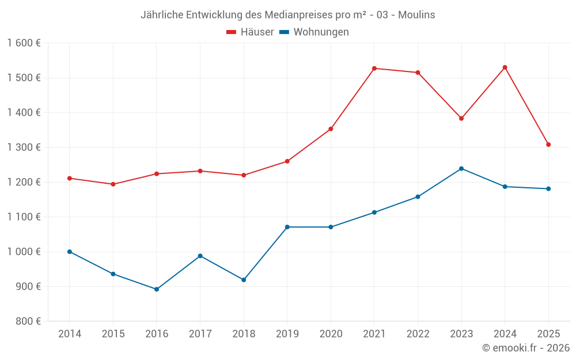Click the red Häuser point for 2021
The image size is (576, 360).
pyautogui.click(x=374, y=69)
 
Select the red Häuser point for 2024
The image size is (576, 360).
pyautogui.click(x=505, y=67)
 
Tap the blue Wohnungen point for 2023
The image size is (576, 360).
pyautogui.click(x=461, y=169)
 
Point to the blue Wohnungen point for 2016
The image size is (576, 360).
pyautogui.click(x=157, y=289)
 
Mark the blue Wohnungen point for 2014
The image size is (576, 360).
pyautogui.click(x=70, y=252)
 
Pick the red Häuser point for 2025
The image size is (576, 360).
pyautogui.click(x=548, y=145)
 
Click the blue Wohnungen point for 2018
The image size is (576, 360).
pyautogui.click(x=244, y=280)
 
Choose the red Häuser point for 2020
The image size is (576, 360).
pyautogui.click(x=331, y=129)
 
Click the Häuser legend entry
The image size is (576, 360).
pyautogui.click(x=250, y=32)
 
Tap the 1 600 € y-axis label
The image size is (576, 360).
pyautogui.click(x=24, y=43)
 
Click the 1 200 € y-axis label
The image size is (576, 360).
pyautogui.click(x=24, y=182)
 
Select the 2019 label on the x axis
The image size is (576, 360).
pyautogui.click(x=287, y=334)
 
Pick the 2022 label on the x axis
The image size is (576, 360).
pyautogui.click(x=418, y=334)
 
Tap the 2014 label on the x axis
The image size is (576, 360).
pyautogui.click(x=70, y=334)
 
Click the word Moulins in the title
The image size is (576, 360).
pyautogui.click(x=416, y=14)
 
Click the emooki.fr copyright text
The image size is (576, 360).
pyautogui.click(x=526, y=348)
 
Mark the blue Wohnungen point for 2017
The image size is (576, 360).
pyautogui.click(x=200, y=256)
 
